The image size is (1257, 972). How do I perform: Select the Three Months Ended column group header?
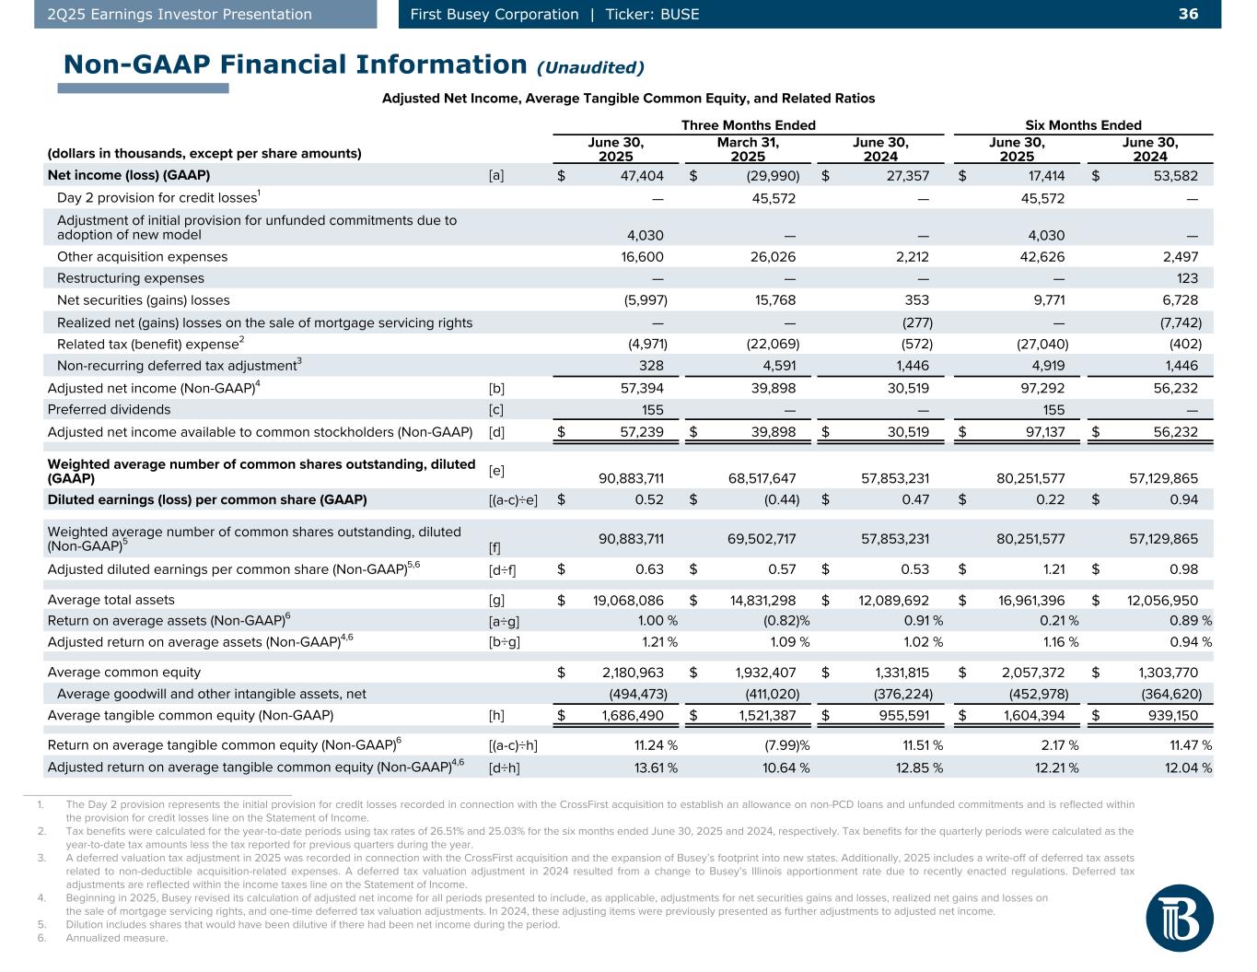[748, 125]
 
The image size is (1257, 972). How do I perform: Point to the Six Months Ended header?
[1083, 125]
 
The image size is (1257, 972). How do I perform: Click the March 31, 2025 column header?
[748, 149]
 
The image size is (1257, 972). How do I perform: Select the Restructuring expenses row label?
[131, 278]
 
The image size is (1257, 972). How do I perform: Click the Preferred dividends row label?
[109, 410]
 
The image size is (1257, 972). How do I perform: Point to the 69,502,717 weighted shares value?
[756, 538]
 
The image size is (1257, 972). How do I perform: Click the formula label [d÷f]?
[502, 569]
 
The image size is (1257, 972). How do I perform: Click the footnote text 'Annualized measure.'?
[117, 938]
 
